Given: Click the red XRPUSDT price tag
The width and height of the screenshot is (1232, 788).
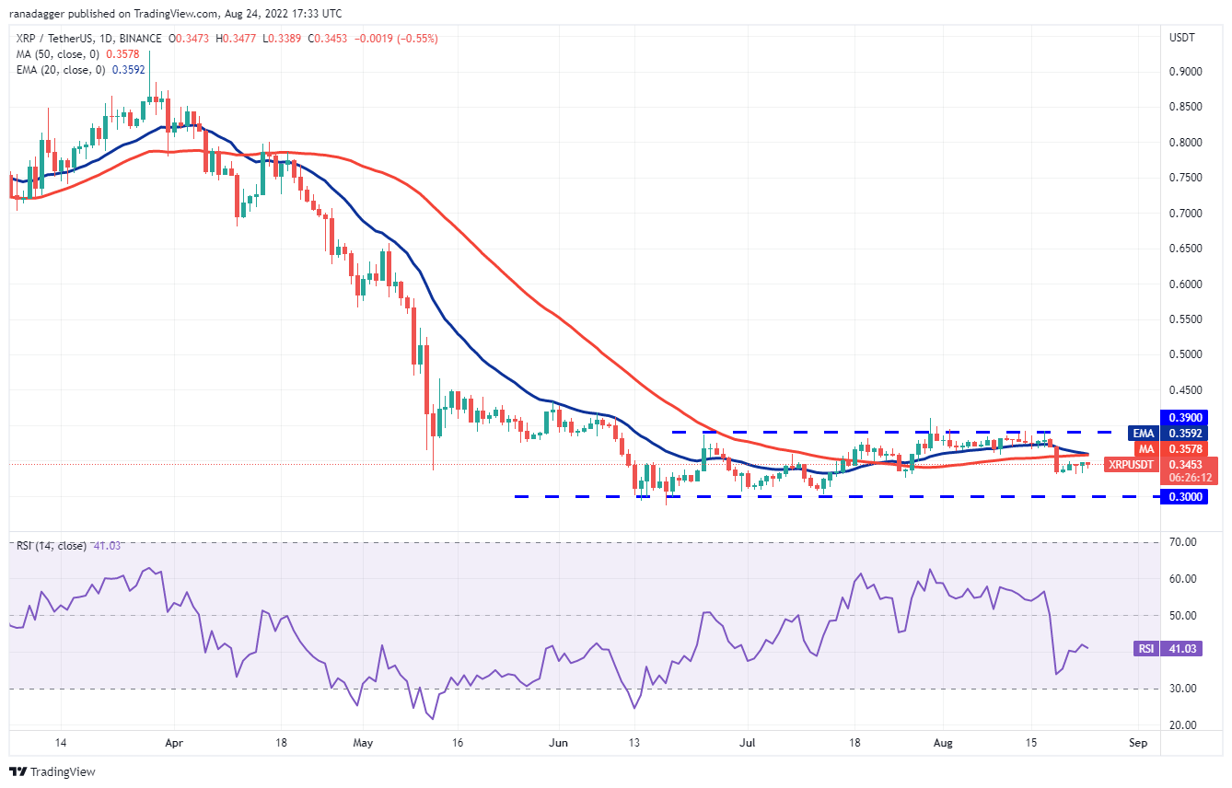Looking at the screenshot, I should (x=1130, y=465).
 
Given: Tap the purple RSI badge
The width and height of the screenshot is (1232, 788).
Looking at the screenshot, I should (x=1145, y=649).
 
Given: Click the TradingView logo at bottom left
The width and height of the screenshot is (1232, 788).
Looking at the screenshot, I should (x=52, y=771).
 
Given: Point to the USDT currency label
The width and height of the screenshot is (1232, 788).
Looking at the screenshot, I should (x=1181, y=38).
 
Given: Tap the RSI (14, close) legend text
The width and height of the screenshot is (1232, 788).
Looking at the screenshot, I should (x=51, y=546).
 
